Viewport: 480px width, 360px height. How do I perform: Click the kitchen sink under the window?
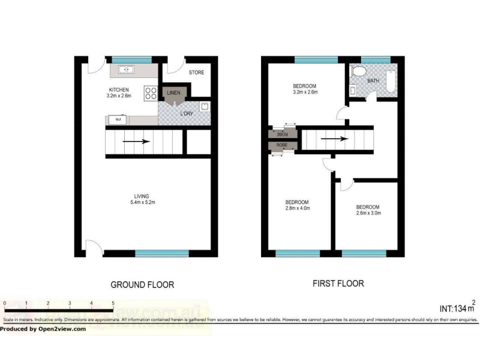point(127,70)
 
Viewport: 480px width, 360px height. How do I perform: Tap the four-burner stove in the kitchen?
point(150,94)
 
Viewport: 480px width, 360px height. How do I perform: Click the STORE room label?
point(196,73)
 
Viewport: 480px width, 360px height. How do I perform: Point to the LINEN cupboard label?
point(173,92)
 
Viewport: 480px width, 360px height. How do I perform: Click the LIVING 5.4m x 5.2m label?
point(142,199)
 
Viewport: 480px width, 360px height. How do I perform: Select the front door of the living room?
point(94,245)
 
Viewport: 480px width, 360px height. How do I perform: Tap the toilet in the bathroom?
point(359,73)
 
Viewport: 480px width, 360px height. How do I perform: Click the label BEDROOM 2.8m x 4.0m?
point(297,205)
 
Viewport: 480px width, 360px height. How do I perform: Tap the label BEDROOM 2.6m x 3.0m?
point(368,209)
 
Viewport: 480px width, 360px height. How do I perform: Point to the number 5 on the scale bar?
point(113,304)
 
